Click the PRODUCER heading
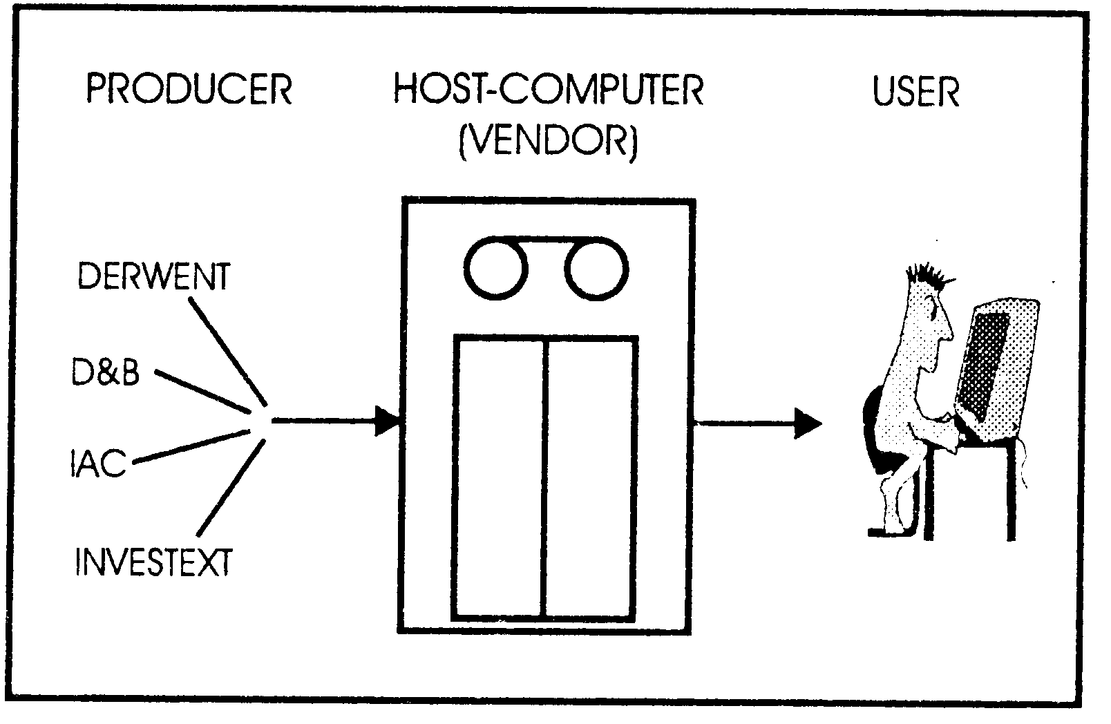pyautogui.click(x=189, y=90)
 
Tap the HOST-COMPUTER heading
pyautogui.click(x=549, y=90)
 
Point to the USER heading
pyautogui.click(x=916, y=91)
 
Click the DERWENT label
pyautogui.click(x=153, y=276)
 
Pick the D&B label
pyautogui.click(x=106, y=372)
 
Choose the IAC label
pyautogui.click(x=97, y=463)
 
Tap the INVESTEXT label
pyautogui.click(x=153, y=562)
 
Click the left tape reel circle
pyautogui.click(x=496, y=269)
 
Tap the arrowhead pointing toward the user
pyautogui.click(x=807, y=423)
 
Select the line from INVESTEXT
pyautogui.click(x=231, y=488)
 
